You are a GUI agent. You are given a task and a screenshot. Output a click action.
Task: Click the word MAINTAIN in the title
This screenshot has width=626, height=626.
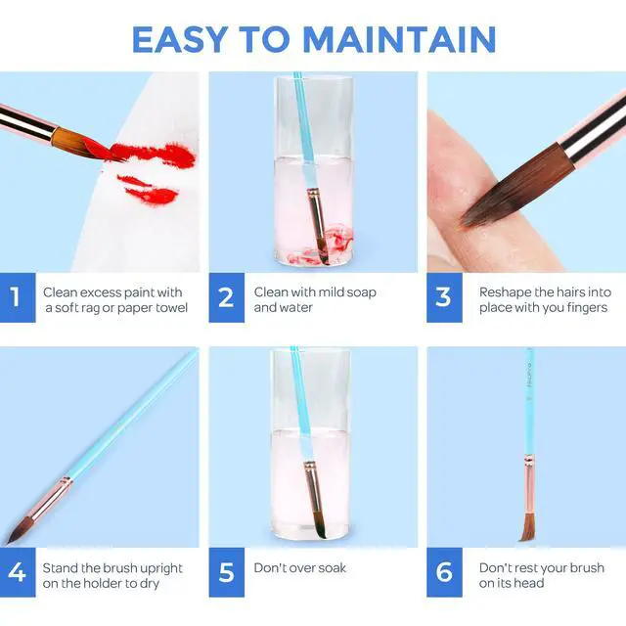click(x=399, y=39)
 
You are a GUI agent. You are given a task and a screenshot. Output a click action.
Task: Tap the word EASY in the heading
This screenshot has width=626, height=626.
click(x=179, y=39)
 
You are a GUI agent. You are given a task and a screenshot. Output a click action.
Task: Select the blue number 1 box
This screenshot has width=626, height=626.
click(x=18, y=297)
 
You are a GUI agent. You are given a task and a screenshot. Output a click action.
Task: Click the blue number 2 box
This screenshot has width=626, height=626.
click(x=226, y=297)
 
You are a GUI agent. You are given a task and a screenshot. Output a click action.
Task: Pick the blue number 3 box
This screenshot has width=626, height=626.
click(x=444, y=297)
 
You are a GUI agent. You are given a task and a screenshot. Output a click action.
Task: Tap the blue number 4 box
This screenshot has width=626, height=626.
click(x=18, y=572)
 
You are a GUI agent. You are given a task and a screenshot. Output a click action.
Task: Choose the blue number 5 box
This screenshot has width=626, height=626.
click(x=226, y=572)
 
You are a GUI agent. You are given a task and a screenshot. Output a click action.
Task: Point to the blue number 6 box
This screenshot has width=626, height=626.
click(x=444, y=572)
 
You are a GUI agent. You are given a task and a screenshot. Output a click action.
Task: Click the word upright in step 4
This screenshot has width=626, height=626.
click(x=162, y=568)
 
